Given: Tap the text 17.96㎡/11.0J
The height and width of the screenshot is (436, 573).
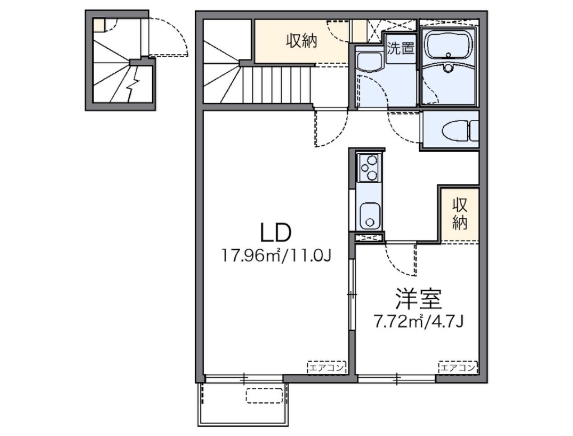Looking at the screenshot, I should click(277, 256).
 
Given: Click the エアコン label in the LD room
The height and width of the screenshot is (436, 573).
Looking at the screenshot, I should click(327, 368).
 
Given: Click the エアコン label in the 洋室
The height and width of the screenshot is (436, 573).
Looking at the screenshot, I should click(458, 368).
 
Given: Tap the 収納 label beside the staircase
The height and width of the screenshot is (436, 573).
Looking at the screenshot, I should click(302, 42).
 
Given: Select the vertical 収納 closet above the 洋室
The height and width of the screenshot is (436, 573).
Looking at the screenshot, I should click(459, 214).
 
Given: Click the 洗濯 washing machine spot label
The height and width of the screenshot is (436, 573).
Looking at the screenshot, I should click(400, 48).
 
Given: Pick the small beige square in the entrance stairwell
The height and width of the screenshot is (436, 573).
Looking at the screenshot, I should click(99, 25).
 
